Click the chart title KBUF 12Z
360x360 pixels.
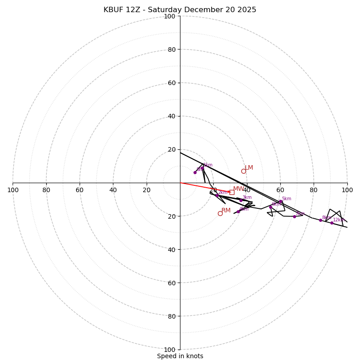[180, 10]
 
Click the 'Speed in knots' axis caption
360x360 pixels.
[180, 356]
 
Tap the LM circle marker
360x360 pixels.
[243, 171]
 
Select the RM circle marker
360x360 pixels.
[220, 213]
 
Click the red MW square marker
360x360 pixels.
[232, 192]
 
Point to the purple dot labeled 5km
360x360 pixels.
[280, 202]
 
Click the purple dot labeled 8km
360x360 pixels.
[320, 220]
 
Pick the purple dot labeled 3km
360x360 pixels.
[241, 200]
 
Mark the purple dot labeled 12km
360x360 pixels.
[332, 223]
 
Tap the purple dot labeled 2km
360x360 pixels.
[216, 195]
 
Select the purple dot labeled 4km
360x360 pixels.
[238, 211]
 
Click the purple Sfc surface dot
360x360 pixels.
[195, 172]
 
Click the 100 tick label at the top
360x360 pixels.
[169, 16]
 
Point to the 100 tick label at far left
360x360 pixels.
[13, 190]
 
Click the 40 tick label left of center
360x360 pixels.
[113, 190]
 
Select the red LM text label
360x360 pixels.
[249, 168]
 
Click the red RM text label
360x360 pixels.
[226, 211]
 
